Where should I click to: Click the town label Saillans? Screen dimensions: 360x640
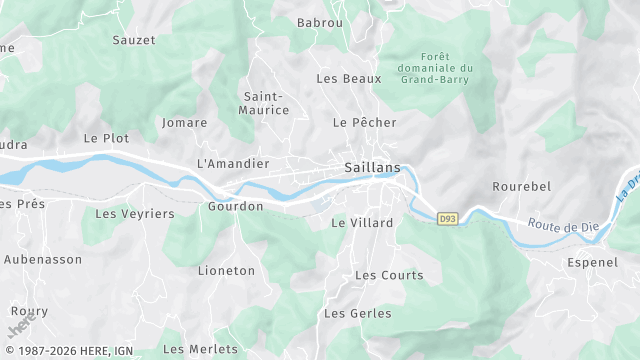[371, 167]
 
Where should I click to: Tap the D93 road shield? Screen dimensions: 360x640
[448, 219]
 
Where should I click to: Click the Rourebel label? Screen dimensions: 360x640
[522, 187]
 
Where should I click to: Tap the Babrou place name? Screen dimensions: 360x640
[320, 22]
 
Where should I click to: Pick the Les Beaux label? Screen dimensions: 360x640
[349, 78]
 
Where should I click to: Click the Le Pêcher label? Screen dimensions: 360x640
[365, 122]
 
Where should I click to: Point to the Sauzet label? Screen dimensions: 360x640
[134, 40]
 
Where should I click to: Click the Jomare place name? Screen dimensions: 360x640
[184, 123]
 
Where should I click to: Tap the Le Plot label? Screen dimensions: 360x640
[106, 138]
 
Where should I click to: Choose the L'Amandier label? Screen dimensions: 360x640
[233, 163]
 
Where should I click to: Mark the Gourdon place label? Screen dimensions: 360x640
[235, 206]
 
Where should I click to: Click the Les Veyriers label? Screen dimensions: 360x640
[134, 213]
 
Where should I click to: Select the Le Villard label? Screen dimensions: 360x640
[362, 223]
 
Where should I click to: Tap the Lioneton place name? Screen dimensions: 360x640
[226, 271]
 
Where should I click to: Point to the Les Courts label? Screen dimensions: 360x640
[389, 275]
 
